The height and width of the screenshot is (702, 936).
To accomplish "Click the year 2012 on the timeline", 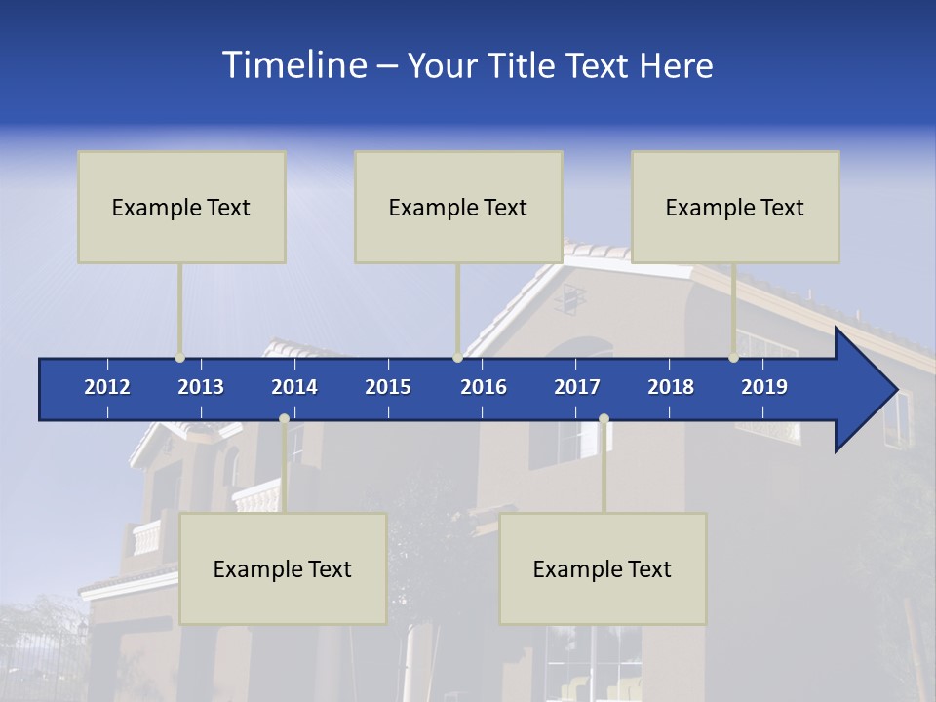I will coord(107,387).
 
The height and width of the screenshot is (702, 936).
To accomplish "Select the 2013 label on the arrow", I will coord(201,387).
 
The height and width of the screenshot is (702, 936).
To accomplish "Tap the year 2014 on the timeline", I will coord(294,387).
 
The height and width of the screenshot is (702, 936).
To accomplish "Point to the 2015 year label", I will coord(388,387).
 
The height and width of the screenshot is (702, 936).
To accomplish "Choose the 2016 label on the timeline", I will coord(484,387).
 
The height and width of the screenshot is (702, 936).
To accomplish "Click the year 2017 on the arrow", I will coord(577,387).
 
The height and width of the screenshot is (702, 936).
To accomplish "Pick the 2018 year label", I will coord(671,387).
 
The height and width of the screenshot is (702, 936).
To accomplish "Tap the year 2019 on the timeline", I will coord(764,387).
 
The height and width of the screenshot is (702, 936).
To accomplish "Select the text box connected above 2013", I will coord(181,207).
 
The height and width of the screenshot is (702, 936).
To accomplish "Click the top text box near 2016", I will coord(458,207).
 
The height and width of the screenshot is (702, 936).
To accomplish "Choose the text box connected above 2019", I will coord(735,207).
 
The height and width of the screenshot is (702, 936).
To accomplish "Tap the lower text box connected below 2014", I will coord(283,568).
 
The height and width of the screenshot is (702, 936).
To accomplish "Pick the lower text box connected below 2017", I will coord(603,568).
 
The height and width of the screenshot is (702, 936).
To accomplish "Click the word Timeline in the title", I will coord(293,65).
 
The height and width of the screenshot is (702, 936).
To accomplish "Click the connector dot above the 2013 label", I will coord(179,358).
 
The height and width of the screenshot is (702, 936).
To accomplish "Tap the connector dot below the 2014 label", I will coord(284,419).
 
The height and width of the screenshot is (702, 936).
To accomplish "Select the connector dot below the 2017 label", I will coord(604,419).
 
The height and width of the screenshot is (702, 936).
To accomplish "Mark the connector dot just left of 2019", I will coord(733,358).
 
